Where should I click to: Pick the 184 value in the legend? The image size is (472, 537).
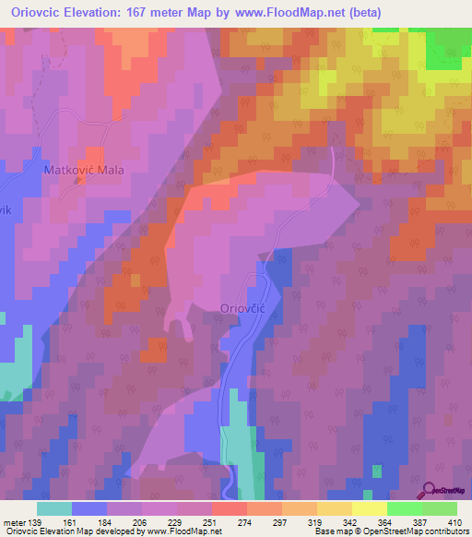point(107,522)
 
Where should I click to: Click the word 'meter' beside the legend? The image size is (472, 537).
point(13,522)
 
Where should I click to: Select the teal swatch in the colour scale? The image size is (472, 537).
point(54,508)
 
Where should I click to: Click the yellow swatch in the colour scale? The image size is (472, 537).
point(369,508)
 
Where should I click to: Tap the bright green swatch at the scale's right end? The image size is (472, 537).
point(439,508)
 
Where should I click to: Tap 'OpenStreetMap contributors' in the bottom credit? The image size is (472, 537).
point(419,532)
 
